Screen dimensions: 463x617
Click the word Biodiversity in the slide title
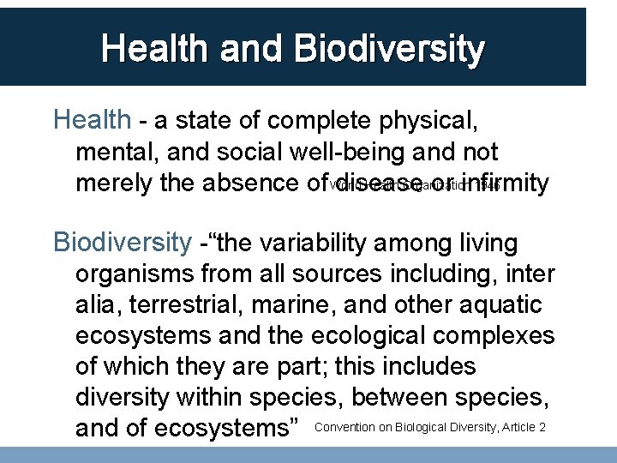pyautogui.click(x=389, y=49)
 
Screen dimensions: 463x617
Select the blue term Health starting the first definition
pyautogui.click(x=92, y=119)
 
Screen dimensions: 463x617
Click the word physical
pyautogui.click(x=428, y=119)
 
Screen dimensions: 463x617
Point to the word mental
pyautogui.click(x=111, y=152)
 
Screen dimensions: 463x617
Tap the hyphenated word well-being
pyautogui.click(x=344, y=152)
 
